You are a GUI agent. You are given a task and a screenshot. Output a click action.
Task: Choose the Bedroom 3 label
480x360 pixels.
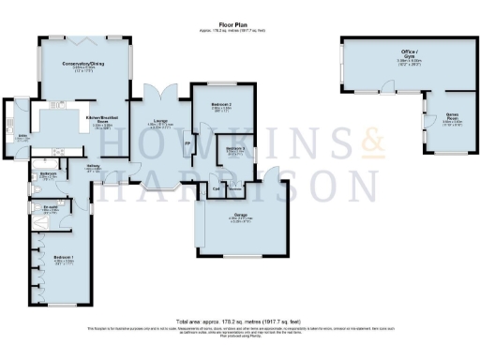click(x=236, y=148)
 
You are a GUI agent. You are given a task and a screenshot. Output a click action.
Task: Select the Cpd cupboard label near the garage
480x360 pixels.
click(x=216, y=189)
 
